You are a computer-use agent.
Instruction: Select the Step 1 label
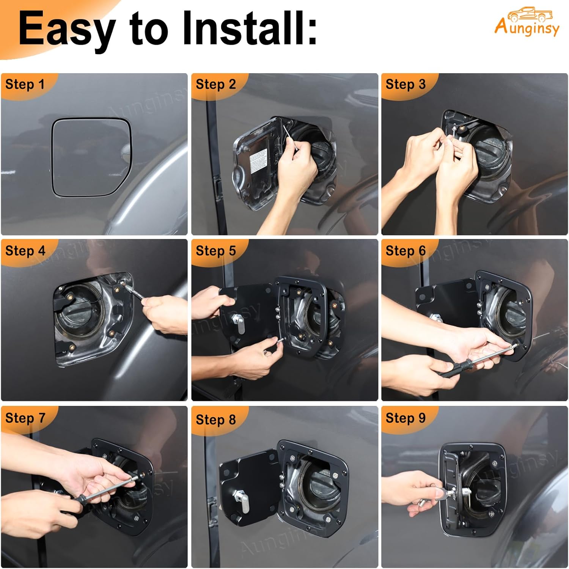click(x=25, y=84)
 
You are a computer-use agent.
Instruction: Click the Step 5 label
click(x=215, y=251)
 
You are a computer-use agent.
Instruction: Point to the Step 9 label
click(x=406, y=418)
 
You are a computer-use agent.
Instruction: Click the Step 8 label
click(x=215, y=420)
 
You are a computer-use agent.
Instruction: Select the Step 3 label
click(x=406, y=84)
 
